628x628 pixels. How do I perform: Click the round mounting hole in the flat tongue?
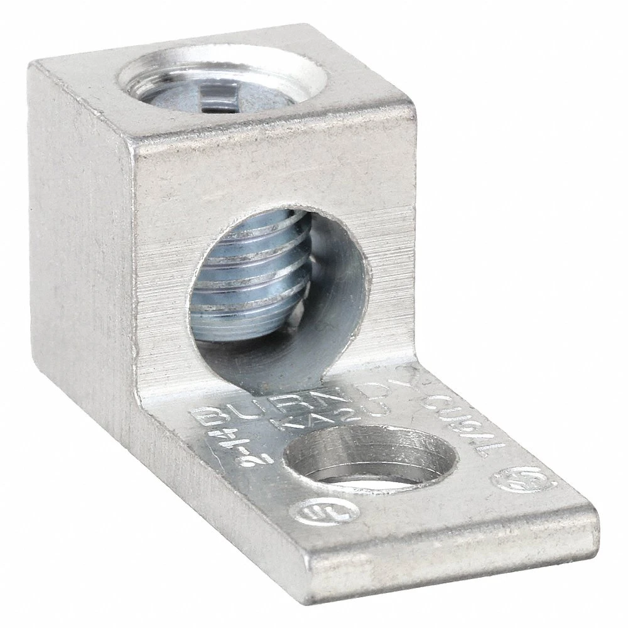pos(339,461)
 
